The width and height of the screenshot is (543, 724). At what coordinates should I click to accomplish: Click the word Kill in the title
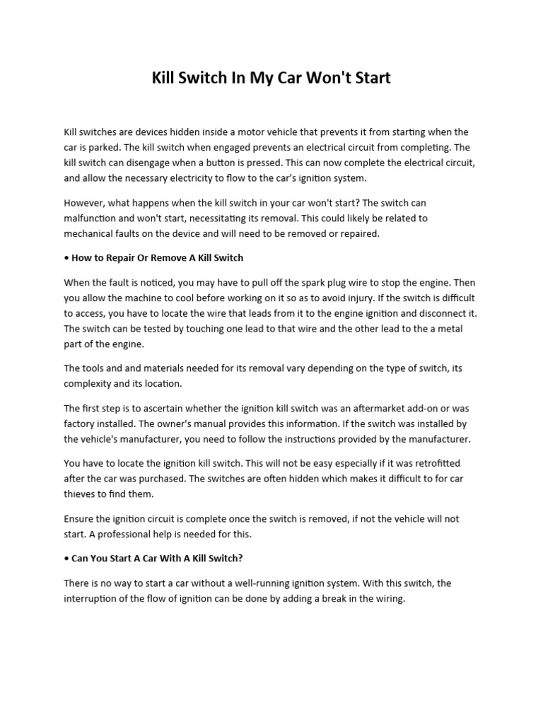(x=164, y=78)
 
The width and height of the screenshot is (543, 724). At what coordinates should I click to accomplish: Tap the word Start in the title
(x=369, y=78)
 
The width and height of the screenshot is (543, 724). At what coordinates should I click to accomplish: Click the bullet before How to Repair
(x=66, y=257)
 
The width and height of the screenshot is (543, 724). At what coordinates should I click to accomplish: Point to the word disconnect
(x=443, y=313)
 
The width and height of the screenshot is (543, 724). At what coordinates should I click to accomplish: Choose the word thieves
(x=80, y=494)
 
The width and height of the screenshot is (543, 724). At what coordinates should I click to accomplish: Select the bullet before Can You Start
(x=66, y=558)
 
